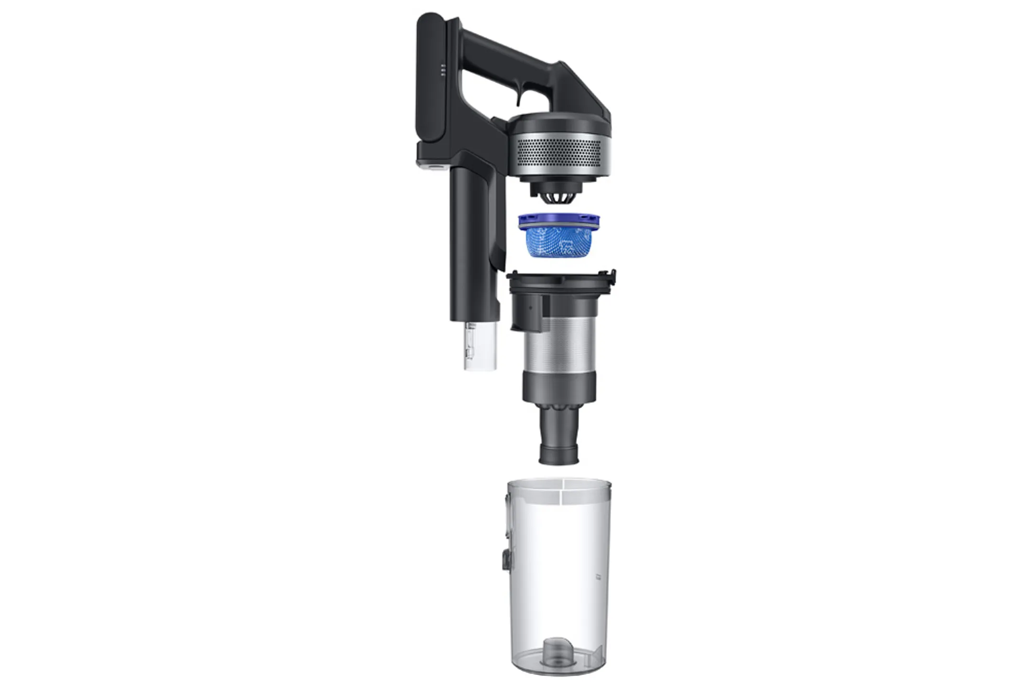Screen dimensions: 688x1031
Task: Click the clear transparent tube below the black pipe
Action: [480, 346]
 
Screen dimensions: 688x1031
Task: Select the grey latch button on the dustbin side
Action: [505, 558]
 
